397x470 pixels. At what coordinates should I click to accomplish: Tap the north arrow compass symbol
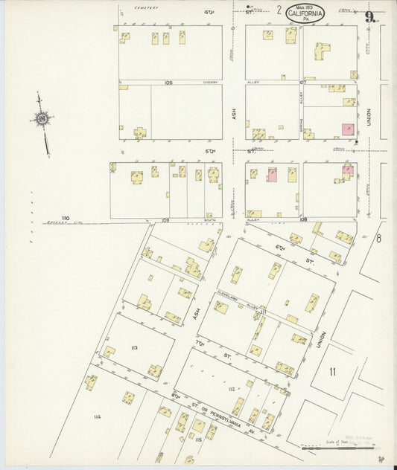click(41, 120)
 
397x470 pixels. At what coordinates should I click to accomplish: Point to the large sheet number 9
click(369, 16)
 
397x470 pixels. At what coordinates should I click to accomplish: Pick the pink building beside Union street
click(348, 129)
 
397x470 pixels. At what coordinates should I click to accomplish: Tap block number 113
click(134, 347)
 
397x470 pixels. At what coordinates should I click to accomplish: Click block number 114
click(97, 417)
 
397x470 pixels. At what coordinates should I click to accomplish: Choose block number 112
click(232, 389)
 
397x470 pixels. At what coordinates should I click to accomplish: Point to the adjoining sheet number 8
click(378, 238)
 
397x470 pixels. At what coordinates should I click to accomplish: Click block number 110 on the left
click(66, 218)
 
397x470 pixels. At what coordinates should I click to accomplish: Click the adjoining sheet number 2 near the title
click(279, 10)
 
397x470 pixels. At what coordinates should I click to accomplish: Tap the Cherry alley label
click(211, 83)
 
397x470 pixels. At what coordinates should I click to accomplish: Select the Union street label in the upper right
click(368, 116)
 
